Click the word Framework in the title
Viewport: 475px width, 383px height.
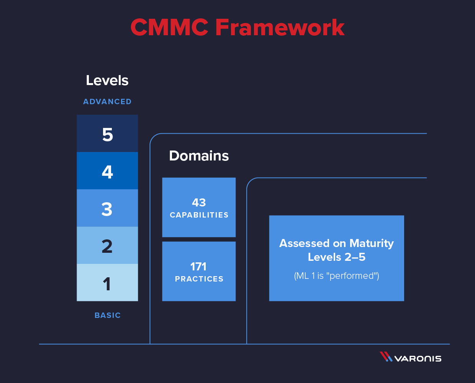(280, 28)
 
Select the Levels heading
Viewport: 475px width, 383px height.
(107, 80)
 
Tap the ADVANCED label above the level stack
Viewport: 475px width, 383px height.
(107, 101)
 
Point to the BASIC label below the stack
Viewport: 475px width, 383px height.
(108, 315)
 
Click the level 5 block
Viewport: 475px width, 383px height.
(107, 134)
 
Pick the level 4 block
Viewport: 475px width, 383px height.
(107, 171)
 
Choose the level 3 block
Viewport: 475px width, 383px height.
(107, 208)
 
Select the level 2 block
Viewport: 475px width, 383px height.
(107, 245)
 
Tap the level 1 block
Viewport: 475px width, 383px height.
(107, 283)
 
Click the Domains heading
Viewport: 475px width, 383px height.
(199, 156)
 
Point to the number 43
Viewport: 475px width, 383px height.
(199, 202)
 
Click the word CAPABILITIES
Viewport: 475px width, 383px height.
(199, 215)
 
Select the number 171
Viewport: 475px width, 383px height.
(198, 266)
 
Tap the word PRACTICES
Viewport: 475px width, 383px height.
(199, 279)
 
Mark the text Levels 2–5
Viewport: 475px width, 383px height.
(336, 257)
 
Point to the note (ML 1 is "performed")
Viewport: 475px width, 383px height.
(336, 276)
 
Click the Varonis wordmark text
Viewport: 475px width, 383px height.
(418, 358)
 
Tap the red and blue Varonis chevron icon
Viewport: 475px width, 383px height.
(386, 357)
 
